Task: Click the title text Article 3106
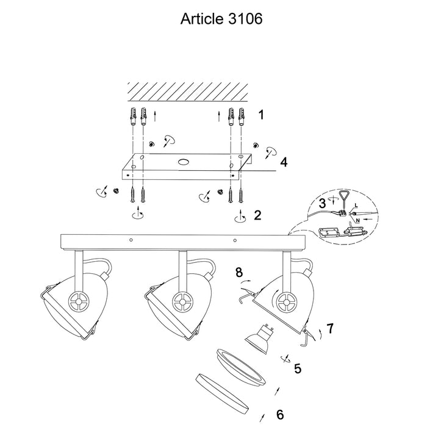(x=221, y=19)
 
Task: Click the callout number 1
(x=261, y=114)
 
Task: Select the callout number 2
(x=257, y=215)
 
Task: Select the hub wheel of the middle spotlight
(x=181, y=300)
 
